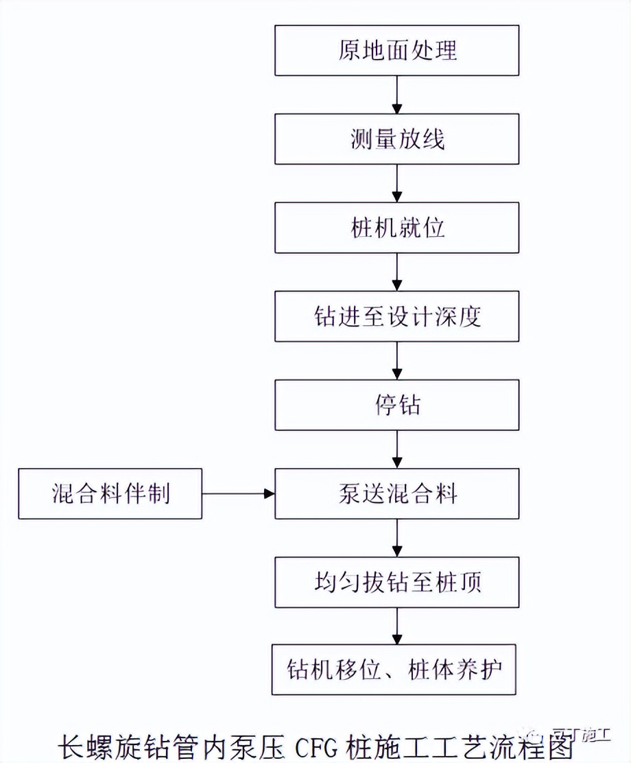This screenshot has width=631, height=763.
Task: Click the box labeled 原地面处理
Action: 397,51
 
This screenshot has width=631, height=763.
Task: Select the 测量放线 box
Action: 397,139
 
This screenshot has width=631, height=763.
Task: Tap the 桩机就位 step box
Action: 397,228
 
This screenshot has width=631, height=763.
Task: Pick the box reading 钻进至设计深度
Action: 397,316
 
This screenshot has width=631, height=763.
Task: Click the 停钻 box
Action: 397,405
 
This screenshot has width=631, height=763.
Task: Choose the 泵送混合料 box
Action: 397,493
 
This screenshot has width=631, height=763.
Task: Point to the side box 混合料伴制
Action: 110,493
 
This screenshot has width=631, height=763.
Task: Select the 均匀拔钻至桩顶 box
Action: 397,582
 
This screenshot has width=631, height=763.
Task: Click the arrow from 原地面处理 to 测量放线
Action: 397,95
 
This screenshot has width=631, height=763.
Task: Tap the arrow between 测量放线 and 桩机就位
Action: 397,183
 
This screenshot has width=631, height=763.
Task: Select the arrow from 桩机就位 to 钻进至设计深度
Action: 397,272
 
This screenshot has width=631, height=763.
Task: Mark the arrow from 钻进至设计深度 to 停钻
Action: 397,360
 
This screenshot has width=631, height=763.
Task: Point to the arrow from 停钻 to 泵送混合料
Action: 397,449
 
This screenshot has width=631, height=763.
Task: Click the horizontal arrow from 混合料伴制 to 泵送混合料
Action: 239,493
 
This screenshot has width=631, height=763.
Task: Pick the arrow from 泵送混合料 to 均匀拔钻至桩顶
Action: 397,537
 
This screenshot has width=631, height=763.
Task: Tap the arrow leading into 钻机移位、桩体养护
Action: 397,626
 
